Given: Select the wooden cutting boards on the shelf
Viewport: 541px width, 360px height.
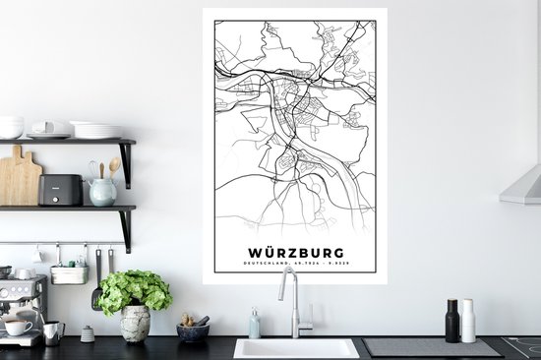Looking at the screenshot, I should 20,182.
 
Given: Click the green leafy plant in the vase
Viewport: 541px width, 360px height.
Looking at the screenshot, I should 135,291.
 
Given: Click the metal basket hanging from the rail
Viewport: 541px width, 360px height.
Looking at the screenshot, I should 69,274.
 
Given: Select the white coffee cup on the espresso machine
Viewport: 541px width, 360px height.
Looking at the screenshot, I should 17,327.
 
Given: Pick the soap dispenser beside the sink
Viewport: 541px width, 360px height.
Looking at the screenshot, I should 254,325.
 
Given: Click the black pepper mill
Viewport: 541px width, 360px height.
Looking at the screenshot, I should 452,320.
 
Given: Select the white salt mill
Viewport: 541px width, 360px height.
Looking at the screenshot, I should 468,321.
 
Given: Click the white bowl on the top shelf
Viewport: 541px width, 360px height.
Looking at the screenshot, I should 11,127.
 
